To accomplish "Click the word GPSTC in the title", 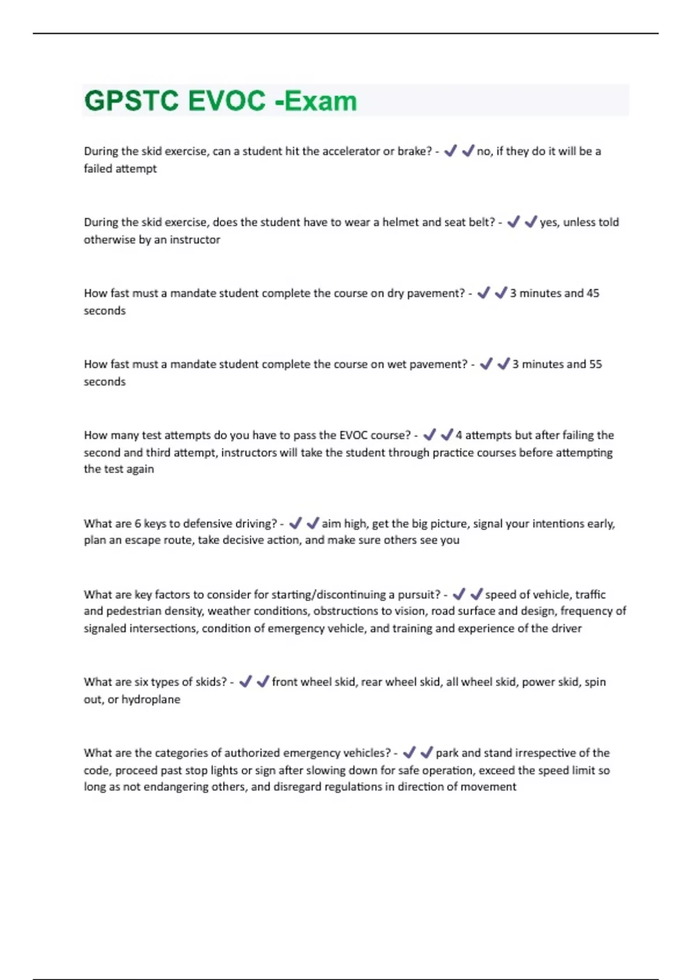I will [131, 101].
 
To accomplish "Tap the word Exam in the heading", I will [321, 101].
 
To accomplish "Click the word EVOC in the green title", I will [227, 101].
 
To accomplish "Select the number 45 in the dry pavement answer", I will [593, 293].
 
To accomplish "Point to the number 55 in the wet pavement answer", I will [595, 364].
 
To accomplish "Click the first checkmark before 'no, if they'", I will [450, 151].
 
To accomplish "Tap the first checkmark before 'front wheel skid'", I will [245, 681].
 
